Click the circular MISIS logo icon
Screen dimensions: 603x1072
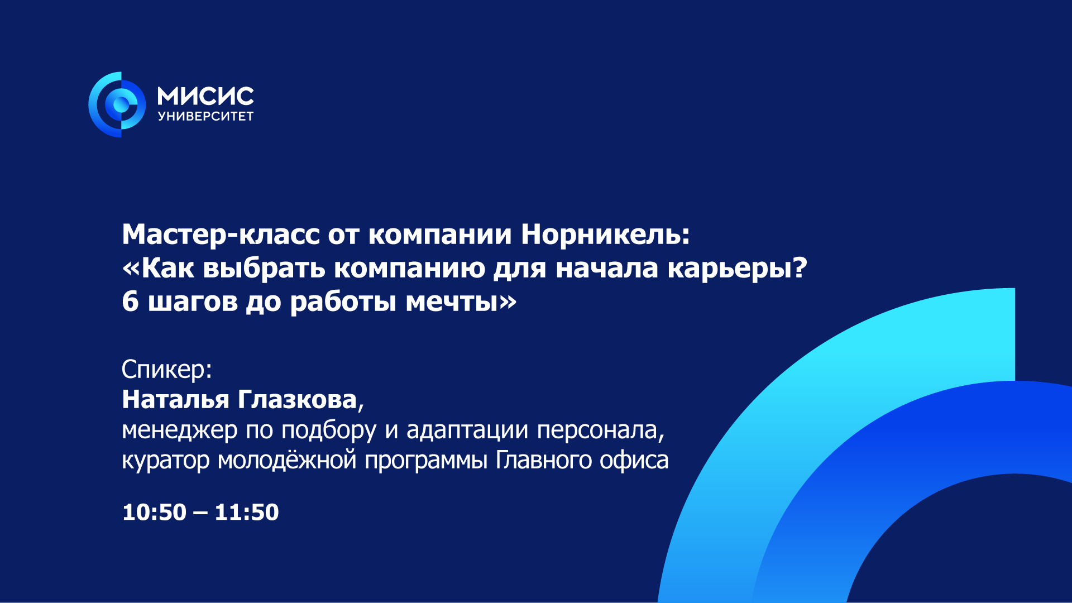coord(117,104)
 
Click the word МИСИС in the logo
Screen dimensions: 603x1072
coord(205,96)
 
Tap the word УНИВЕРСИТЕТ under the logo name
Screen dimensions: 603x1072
coord(205,116)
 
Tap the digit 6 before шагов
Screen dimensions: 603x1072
coord(130,302)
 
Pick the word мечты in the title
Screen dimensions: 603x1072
coord(452,302)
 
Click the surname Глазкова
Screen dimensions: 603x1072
coord(298,400)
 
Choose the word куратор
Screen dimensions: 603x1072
coord(165,461)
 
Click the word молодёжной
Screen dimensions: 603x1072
coord(287,461)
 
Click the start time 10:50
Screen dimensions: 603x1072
coord(154,513)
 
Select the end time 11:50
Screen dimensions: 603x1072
coord(247,513)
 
